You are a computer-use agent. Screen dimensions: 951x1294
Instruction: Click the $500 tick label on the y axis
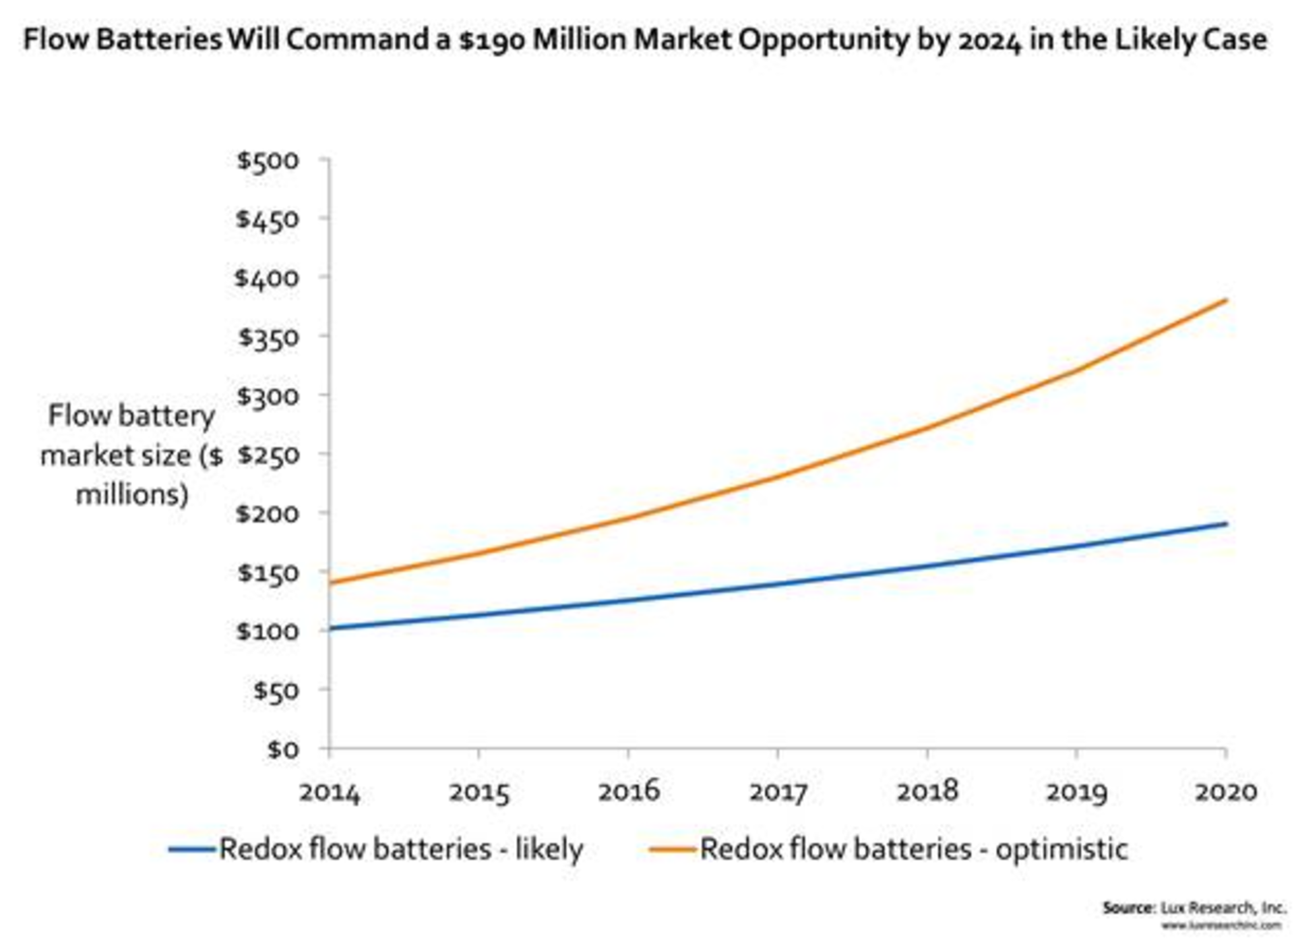pos(268,161)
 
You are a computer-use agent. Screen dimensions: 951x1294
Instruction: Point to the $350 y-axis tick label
pos(268,337)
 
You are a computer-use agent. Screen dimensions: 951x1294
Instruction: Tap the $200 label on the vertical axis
pos(268,514)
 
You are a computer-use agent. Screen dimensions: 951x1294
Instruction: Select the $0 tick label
pos(282,749)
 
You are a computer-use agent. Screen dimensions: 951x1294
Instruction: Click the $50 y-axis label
pos(275,691)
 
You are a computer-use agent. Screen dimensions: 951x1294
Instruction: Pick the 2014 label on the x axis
pos(329,792)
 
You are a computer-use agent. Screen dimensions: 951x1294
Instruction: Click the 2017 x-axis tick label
pos(778,792)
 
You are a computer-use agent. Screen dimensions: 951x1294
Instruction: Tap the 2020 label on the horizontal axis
pos(1226,792)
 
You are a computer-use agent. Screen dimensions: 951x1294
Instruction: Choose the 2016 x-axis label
pos(628,792)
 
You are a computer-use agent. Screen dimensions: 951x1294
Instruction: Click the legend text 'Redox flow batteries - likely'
pos(401,849)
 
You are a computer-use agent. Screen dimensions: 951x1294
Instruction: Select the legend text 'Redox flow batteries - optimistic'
pos(914,849)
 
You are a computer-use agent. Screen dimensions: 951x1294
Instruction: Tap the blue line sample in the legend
pos(192,850)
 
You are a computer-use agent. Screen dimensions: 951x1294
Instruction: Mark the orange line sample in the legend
pos(672,850)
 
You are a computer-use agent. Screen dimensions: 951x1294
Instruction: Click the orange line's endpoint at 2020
pos(1226,300)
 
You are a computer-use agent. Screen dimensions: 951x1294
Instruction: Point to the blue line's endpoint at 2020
pos(1226,524)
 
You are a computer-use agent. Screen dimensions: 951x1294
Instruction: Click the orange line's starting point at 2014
pos(330,583)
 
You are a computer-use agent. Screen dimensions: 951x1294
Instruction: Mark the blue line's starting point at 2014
pos(330,629)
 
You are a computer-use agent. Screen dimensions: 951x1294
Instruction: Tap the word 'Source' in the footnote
pos(1128,908)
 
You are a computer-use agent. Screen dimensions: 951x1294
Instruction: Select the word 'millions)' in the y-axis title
pos(132,495)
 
